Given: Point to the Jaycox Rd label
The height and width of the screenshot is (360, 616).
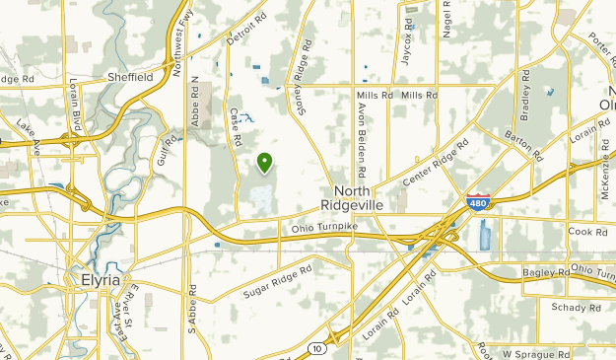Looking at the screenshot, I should [x=406, y=40].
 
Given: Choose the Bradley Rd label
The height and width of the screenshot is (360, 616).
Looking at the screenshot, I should [x=524, y=93].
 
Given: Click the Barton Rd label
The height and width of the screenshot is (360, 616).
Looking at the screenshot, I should [x=524, y=142].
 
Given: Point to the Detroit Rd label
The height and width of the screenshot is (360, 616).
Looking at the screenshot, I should [x=246, y=29].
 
